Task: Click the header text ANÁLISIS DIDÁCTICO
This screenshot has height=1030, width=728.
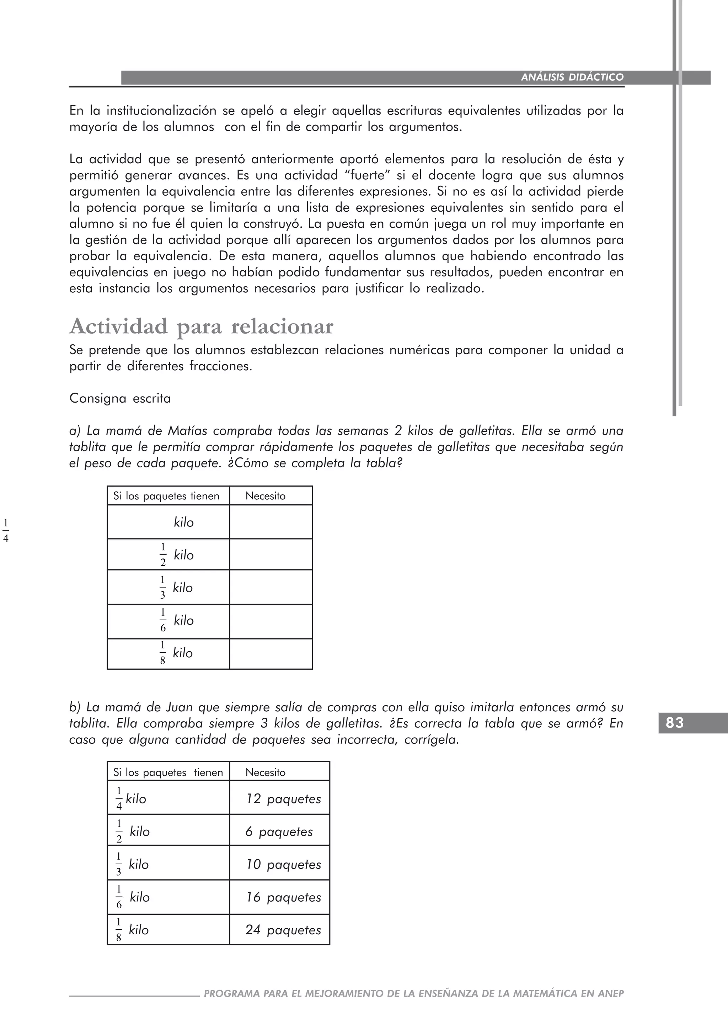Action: [x=572, y=77]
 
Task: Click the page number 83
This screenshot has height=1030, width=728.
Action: [x=675, y=723]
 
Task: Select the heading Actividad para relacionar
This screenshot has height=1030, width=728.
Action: [x=201, y=326]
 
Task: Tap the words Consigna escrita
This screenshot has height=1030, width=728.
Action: [x=120, y=398]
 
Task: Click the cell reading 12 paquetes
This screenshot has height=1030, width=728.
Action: [x=283, y=799]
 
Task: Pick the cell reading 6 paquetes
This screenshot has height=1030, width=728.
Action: [x=278, y=832]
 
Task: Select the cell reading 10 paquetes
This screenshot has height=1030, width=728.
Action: [x=283, y=865]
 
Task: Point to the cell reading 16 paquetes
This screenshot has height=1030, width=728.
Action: [x=283, y=897]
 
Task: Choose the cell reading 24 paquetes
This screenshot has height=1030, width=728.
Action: [x=283, y=930]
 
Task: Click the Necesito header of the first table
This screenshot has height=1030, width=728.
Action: [x=266, y=496]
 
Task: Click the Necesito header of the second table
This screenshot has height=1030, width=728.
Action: [x=266, y=772]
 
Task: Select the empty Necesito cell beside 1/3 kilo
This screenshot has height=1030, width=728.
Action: [x=271, y=587]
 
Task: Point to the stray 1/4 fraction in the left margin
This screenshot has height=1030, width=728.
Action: [x=5, y=531]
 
